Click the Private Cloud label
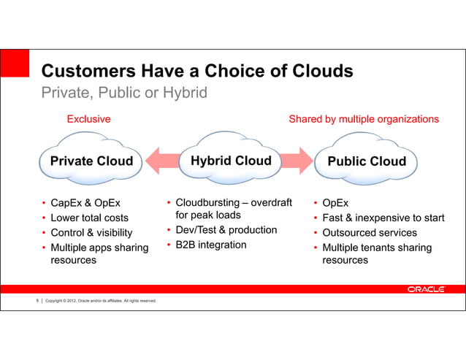91,161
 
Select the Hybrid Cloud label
231,161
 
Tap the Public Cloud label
367,161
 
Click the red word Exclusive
88,118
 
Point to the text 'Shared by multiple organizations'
364,118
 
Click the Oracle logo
426,289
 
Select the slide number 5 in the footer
37,301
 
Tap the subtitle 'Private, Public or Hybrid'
124,93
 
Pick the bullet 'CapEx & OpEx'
85,202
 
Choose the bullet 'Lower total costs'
89,218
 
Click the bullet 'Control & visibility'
91,233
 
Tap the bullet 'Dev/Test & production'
226,230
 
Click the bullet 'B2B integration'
211,245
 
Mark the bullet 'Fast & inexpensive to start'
383,218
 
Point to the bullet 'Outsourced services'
370,233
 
